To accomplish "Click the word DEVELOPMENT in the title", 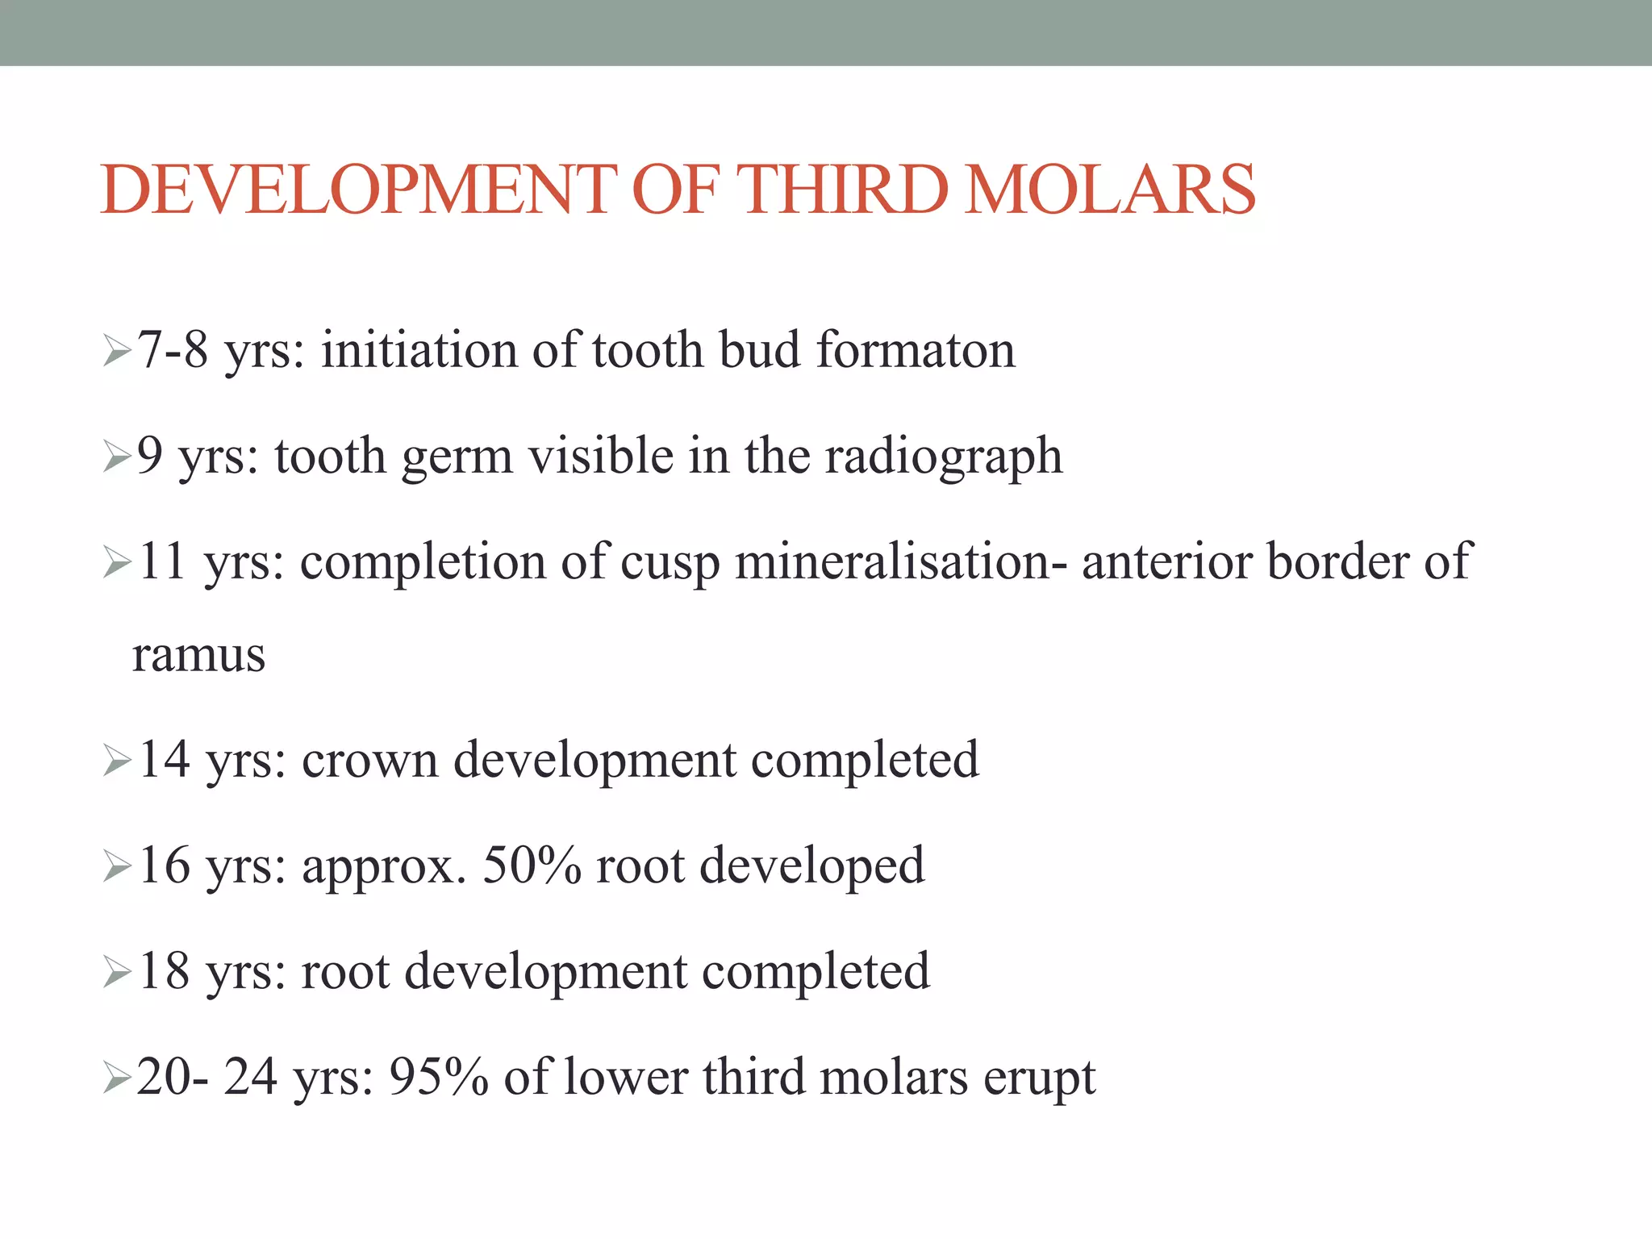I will [x=358, y=190].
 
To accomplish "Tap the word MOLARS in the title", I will [x=1110, y=190].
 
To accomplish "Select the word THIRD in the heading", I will [x=844, y=190].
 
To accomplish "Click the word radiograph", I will [x=944, y=457].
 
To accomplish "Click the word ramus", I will [x=198, y=654].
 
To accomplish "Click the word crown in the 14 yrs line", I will [x=369, y=760].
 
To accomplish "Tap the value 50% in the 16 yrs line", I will [x=532, y=866].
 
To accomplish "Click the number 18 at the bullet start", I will [x=165, y=971].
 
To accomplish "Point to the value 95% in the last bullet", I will [x=439, y=1077].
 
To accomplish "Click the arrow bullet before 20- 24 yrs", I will [x=117, y=1077].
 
